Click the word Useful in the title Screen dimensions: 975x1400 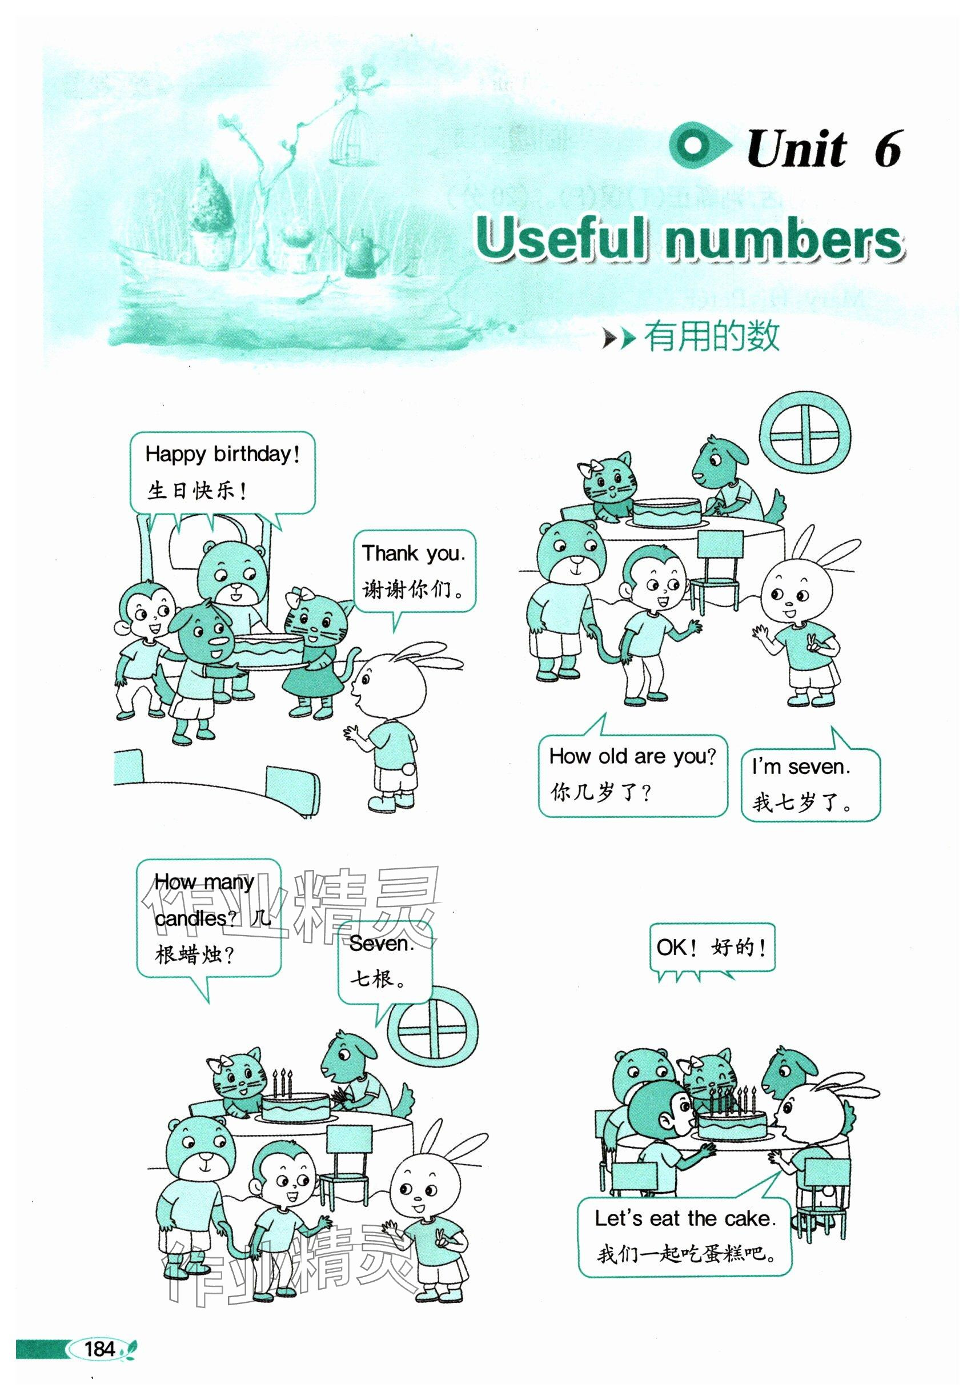pyautogui.click(x=560, y=238)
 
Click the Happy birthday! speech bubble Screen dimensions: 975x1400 pyautogui.click(x=223, y=472)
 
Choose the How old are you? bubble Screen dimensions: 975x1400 pyautogui.click(x=632, y=774)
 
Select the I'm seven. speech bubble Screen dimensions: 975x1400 pyautogui.click(x=811, y=783)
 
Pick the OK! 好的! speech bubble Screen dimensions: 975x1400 pyautogui.click(x=712, y=948)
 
